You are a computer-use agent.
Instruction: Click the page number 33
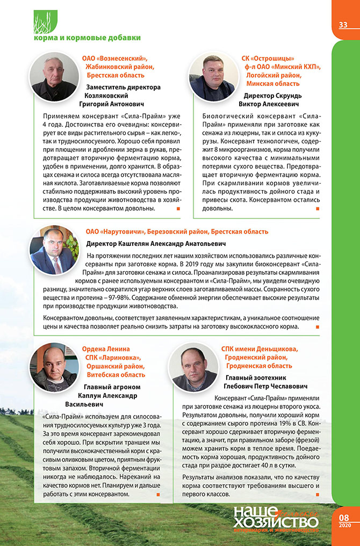343,25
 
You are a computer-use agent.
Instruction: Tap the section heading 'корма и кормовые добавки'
87,38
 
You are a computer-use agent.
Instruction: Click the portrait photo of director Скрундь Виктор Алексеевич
212,76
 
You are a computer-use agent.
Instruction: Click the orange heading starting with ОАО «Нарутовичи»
177,231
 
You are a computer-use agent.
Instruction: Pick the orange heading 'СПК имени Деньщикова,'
260,349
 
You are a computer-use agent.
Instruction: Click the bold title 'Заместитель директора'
123,86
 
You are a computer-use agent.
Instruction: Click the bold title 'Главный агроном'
112,387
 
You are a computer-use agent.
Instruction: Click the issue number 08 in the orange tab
344,518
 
